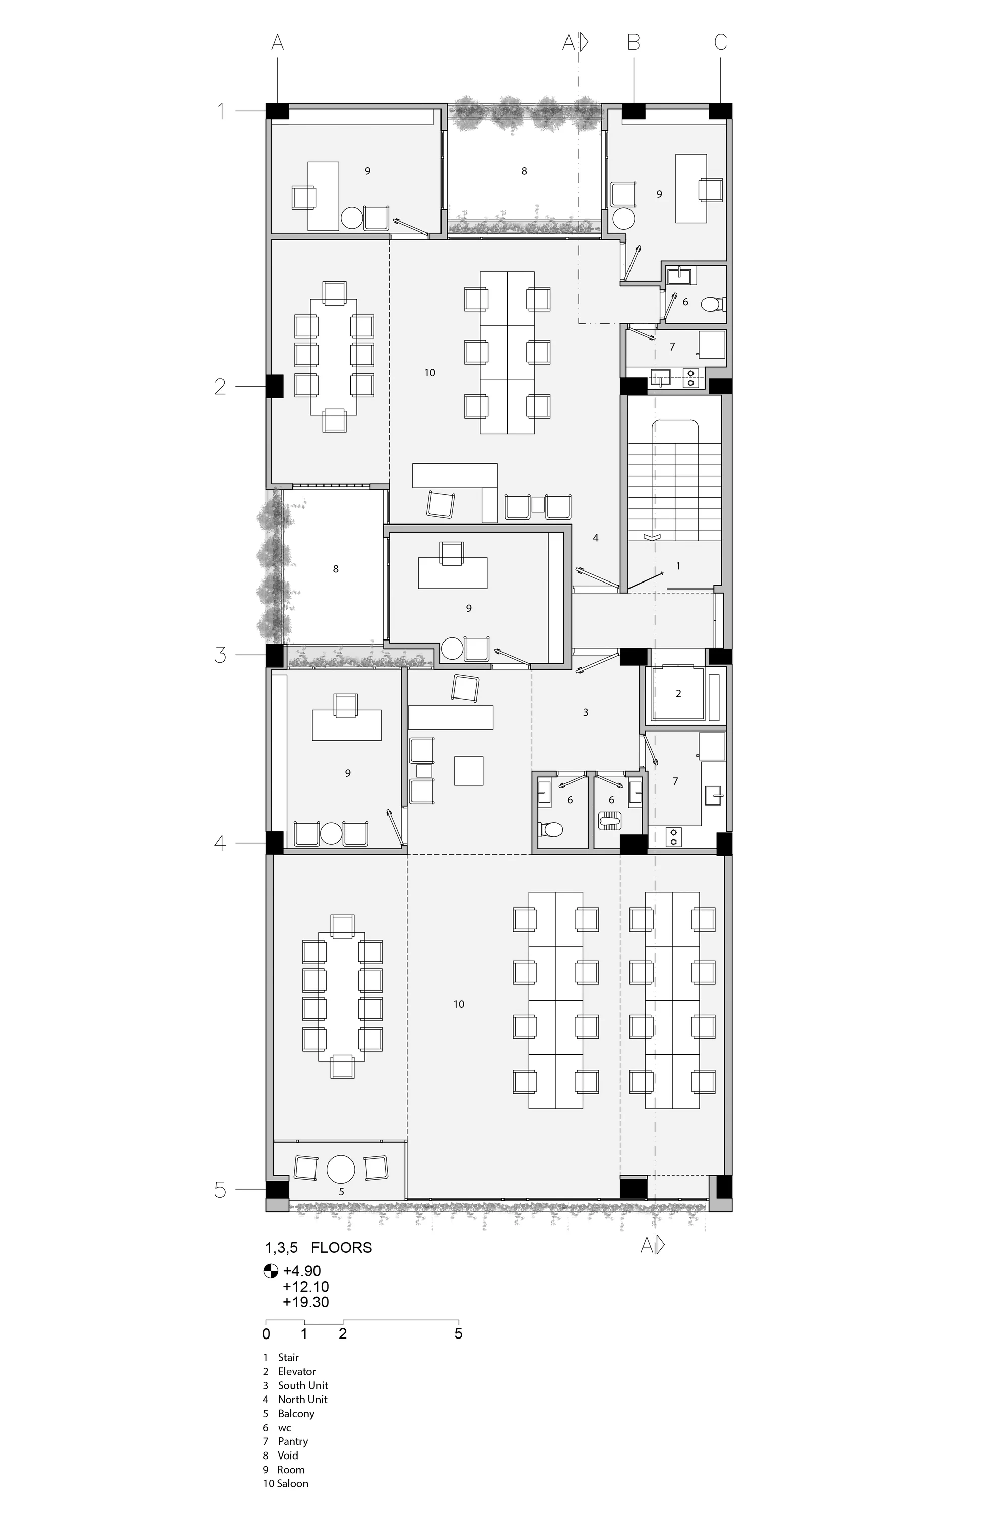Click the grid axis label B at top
pos(633,42)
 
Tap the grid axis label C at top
pos(720,42)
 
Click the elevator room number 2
pos(678,693)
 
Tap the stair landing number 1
pos(678,566)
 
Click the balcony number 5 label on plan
pos(341,1191)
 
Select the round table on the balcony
pos(341,1169)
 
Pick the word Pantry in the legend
pos(293,1441)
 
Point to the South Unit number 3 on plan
pos(586,712)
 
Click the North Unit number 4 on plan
pos(596,537)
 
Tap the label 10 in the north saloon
pos(430,373)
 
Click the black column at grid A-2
pos(275,386)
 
